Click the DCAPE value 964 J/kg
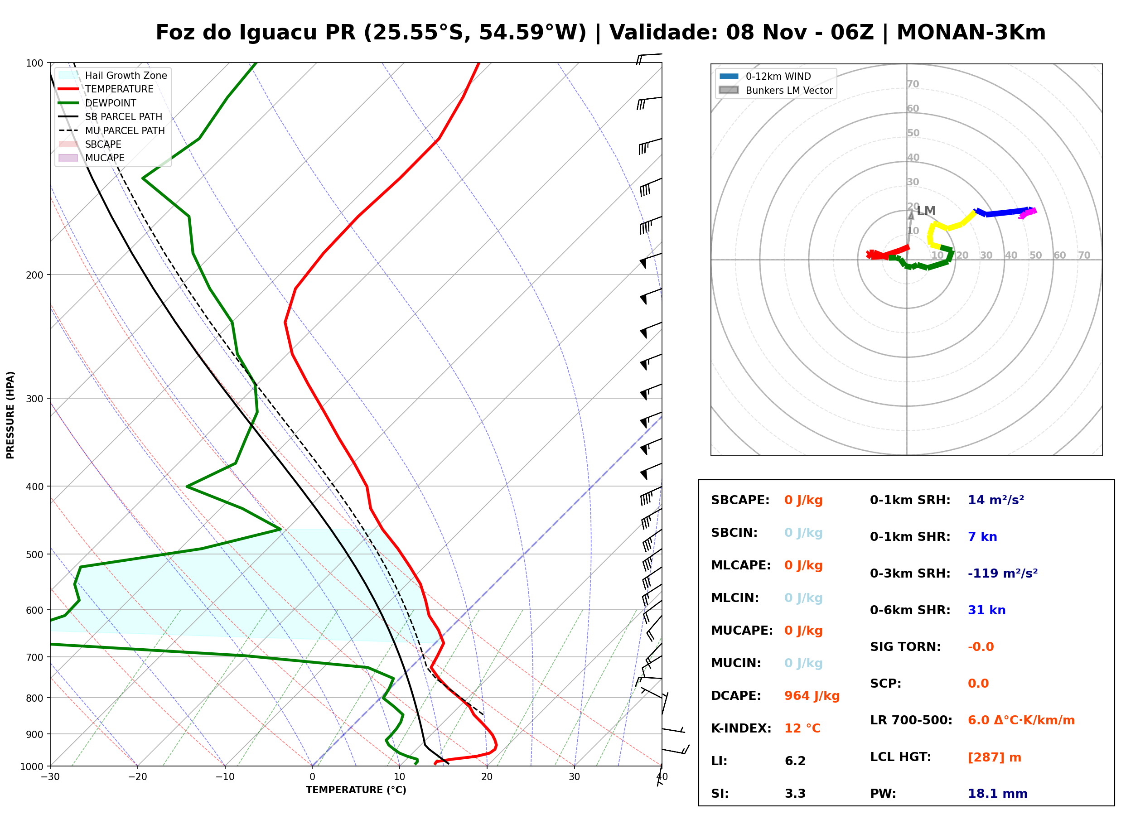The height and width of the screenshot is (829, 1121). [812, 696]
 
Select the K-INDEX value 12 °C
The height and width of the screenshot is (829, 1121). [802, 728]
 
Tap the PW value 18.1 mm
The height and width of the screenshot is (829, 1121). [998, 794]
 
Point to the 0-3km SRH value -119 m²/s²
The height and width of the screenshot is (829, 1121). [1003, 573]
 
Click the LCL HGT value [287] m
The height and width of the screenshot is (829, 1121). [995, 757]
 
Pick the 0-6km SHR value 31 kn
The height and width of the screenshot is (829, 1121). [986, 610]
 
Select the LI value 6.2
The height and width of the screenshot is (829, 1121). [795, 761]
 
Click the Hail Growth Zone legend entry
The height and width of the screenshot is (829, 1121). [112, 75]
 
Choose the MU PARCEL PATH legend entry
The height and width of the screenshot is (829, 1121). [111, 130]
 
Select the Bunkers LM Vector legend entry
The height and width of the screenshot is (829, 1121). [776, 90]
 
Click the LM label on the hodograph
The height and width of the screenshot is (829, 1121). [926, 211]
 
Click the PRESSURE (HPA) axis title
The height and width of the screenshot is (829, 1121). [10, 415]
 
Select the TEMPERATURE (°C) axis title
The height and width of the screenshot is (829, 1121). [356, 790]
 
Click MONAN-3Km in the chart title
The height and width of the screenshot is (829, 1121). [971, 33]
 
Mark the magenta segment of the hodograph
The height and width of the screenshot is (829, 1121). [1028, 213]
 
